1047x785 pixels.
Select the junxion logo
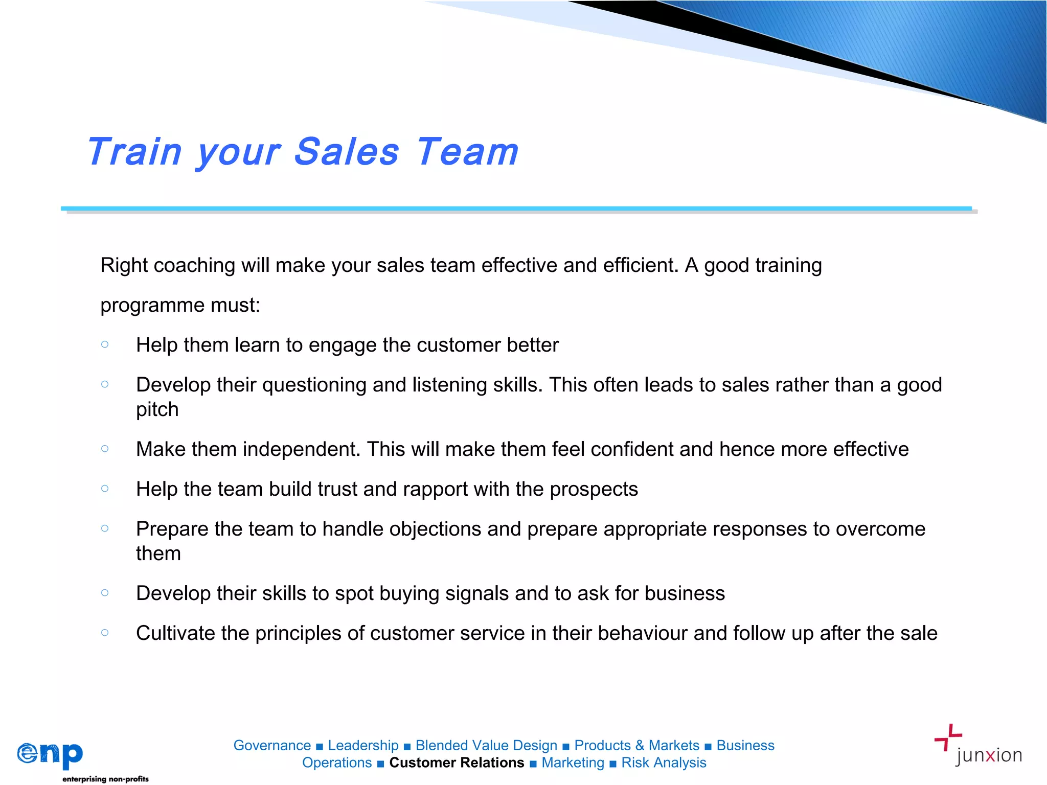tap(978, 746)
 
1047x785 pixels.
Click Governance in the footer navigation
tap(272, 746)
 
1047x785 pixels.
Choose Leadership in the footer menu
tap(363, 746)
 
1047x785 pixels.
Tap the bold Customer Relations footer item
tap(457, 763)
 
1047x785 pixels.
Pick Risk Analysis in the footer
tap(664, 763)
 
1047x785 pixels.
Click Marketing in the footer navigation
tap(573, 763)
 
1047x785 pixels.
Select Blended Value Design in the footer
tap(486, 746)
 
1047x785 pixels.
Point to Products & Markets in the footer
tap(636, 746)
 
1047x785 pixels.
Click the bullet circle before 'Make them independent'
tap(105, 449)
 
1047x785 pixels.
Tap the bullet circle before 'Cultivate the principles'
tap(105, 633)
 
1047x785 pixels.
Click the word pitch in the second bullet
tap(157, 410)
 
